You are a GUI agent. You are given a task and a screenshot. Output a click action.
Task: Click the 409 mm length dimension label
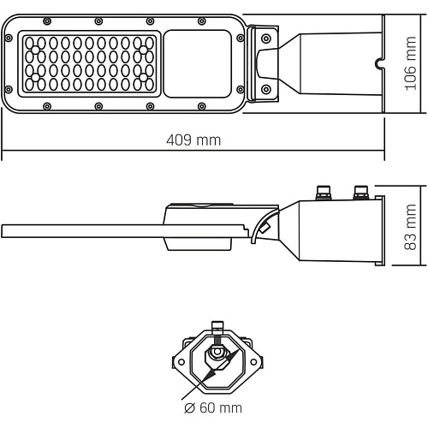193,140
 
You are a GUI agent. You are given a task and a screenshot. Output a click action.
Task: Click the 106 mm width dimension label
411,63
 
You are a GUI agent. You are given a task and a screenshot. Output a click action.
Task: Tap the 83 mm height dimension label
411,227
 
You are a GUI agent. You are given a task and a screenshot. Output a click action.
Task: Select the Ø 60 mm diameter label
213,407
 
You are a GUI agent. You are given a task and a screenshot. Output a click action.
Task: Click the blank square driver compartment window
198,64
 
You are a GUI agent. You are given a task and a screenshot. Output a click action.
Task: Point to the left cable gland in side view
324,193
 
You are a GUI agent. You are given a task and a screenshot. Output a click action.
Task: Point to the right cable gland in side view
361,193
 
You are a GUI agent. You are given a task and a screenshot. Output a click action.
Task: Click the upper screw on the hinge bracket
266,38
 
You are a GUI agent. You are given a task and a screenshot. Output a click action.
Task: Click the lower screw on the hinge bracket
266,89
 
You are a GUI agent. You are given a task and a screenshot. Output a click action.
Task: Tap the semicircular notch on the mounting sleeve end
379,64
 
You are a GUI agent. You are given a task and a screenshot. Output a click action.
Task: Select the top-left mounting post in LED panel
35,51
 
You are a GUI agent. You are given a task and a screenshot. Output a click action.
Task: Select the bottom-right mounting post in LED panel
144,77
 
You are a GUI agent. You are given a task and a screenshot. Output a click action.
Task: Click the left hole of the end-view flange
181,362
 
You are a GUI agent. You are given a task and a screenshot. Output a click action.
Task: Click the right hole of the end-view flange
253,362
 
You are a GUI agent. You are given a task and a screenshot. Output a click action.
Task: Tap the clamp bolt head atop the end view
217,326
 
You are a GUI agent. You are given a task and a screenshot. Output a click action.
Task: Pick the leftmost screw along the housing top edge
47,21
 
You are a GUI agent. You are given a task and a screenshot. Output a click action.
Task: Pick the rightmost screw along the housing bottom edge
201,106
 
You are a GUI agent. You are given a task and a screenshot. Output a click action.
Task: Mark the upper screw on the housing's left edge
9,38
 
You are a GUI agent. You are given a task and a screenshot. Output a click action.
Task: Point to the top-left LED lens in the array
29,43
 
